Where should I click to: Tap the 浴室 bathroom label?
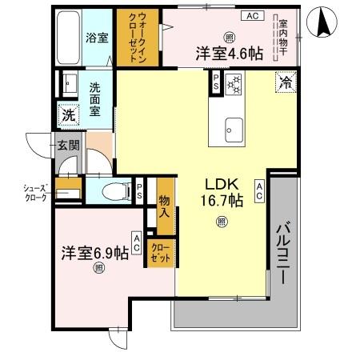(x=98, y=38)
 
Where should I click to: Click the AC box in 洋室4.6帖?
(x=252, y=16)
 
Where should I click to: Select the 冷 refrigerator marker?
(x=284, y=81)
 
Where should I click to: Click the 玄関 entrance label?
(x=67, y=146)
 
